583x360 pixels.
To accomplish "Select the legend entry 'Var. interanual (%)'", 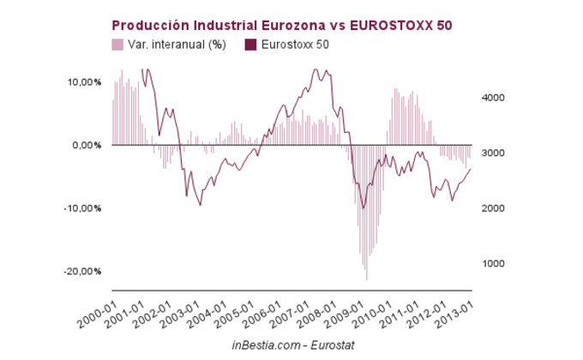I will [176, 45].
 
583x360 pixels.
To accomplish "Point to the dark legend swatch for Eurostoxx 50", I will [251, 45].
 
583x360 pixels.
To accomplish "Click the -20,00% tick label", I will [82, 272].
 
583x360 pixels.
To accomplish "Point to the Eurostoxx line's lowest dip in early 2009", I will [364, 208].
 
